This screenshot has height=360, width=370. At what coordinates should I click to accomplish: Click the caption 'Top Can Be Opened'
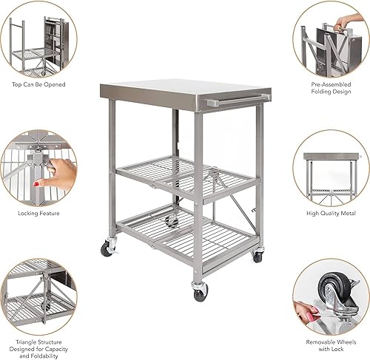pos(38,84)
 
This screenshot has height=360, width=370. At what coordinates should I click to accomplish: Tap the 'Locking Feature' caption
pos(38,213)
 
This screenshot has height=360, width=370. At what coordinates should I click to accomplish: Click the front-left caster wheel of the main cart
pos(108,248)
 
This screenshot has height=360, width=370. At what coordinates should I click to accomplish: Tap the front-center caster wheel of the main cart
pos(200,293)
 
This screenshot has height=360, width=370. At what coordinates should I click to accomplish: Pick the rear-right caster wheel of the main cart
pos(257,256)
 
